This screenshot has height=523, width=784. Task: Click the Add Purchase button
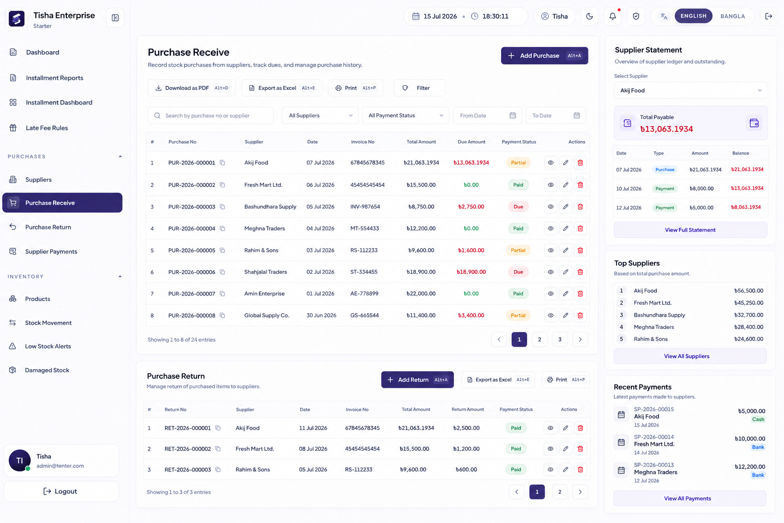[x=544, y=56]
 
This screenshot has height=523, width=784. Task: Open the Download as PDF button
[x=191, y=88]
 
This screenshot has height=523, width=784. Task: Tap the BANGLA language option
[x=732, y=16]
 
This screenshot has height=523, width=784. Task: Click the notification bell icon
[x=612, y=16]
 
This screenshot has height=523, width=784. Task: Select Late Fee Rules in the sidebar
[x=47, y=128]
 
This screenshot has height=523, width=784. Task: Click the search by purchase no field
[x=211, y=115]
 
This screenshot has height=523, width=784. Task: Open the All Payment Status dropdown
[x=406, y=115]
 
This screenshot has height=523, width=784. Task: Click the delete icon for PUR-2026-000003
[x=580, y=207]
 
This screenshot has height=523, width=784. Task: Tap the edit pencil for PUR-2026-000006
[x=566, y=272]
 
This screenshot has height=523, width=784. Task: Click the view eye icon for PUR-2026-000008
[x=551, y=315]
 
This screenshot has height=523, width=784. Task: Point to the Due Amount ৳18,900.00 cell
[x=471, y=272]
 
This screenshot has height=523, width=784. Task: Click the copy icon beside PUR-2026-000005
[x=222, y=250]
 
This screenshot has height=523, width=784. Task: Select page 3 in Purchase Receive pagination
[x=559, y=340]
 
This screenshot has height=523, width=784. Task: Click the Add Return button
[x=417, y=379]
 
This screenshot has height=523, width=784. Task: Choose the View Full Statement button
[x=690, y=230]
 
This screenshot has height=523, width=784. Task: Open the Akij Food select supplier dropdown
[x=691, y=90]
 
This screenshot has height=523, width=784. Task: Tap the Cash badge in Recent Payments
[x=758, y=419]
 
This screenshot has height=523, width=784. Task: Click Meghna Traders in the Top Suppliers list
[x=654, y=327]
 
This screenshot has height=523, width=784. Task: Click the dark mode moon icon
[x=590, y=16]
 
